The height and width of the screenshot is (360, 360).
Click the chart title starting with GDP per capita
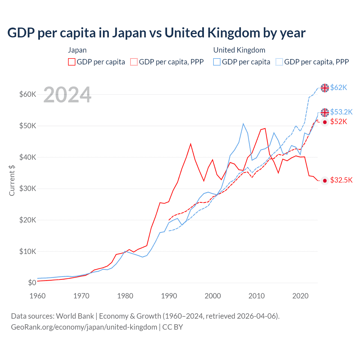pos(156,33)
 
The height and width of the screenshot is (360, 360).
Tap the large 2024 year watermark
pos(67,95)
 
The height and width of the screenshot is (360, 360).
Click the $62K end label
pos(339,88)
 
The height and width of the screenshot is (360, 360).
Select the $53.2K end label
pos(341,112)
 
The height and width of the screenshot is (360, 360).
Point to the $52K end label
pos(339,122)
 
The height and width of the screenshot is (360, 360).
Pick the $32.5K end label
pos(341,180)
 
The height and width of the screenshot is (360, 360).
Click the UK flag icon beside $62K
pos(325,88)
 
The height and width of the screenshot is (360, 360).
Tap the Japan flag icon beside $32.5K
pos(325,181)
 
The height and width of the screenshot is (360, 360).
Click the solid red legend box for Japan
pos(72,62)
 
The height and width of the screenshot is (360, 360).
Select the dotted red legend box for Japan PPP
pos(134,62)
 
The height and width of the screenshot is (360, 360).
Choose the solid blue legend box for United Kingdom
pos(217,62)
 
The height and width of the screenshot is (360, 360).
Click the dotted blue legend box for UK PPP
pos(279,62)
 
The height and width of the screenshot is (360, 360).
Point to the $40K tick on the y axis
pos(28,157)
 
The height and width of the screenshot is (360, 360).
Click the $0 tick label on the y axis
pos(32,283)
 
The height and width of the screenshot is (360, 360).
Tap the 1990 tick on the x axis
pos(169,296)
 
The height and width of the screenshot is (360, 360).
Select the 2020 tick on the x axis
pos(300,296)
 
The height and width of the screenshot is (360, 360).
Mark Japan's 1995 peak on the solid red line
pos(191,144)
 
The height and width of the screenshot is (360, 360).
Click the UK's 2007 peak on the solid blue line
pos(243,124)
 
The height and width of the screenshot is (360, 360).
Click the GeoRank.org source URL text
pos(84,327)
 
